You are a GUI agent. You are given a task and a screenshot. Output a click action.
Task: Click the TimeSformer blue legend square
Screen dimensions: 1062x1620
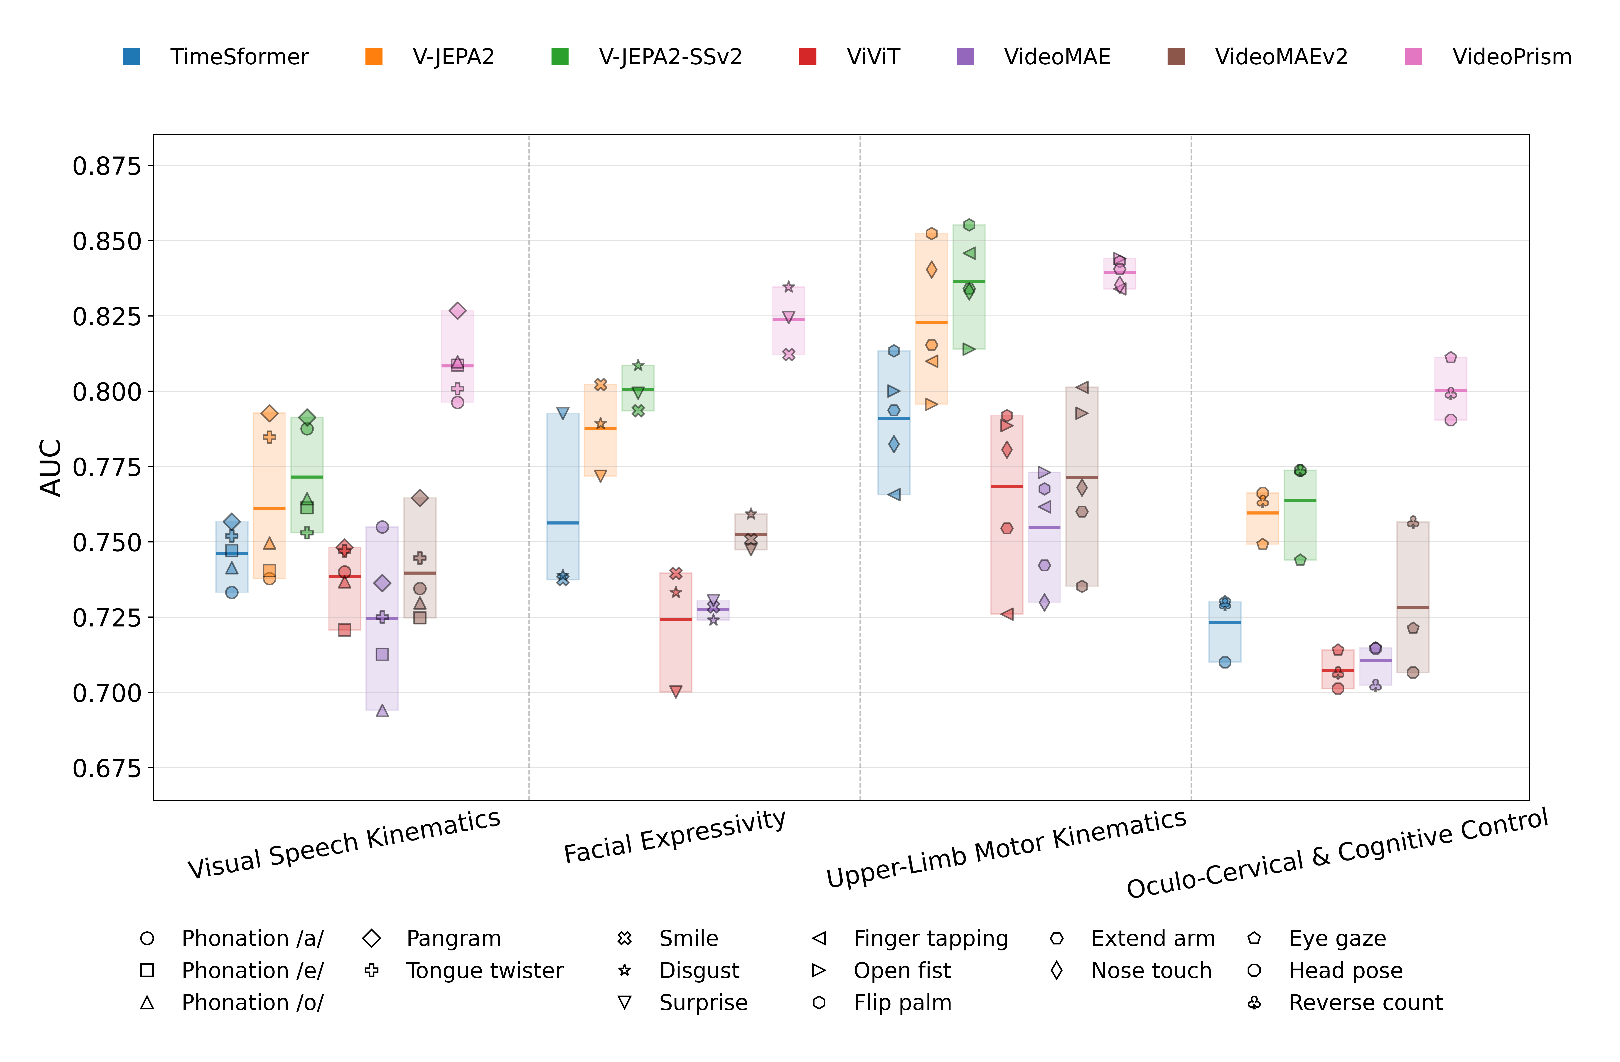pyautogui.click(x=131, y=56)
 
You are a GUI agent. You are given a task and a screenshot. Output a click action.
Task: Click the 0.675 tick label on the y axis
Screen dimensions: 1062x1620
pyautogui.click(x=107, y=769)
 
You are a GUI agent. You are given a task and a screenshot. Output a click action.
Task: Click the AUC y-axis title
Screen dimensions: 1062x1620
pyautogui.click(x=51, y=468)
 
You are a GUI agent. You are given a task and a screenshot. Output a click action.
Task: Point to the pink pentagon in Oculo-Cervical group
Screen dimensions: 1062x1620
pyautogui.click(x=1451, y=357)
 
